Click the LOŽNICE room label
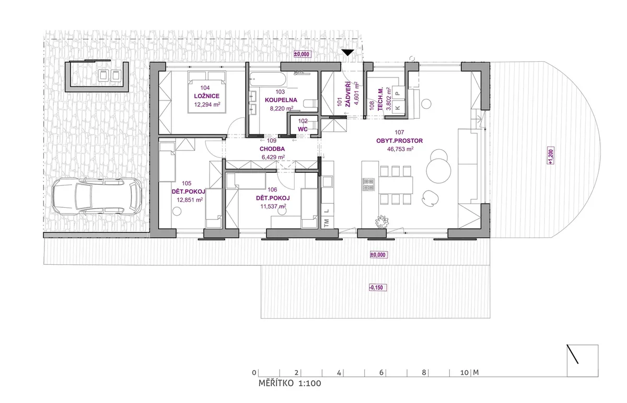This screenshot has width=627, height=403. tap(206, 96)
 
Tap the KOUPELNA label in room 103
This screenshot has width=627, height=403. tap(281, 100)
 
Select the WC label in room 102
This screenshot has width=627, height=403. tap(303, 129)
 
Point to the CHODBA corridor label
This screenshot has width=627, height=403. tap(272, 149)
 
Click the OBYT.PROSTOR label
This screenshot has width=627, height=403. tap(399, 141)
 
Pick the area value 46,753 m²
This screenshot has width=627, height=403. tap(400, 149)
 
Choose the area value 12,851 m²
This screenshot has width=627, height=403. tap(190, 200)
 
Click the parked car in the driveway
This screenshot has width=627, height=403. tap(97, 196)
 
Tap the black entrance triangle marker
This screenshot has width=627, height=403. tap(347, 52)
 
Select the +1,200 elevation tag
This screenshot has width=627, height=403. tap(550, 155)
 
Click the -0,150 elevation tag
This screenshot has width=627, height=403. tap(378, 287)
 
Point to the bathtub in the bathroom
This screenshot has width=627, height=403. tap(268, 79)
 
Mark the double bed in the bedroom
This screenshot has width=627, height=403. tap(207, 92)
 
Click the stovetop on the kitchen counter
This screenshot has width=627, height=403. tap(368, 184)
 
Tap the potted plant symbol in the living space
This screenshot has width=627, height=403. tap(382, 222)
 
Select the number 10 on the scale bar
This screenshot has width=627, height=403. tap(465, 373)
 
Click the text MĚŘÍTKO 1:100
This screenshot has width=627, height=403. tap(289, 383)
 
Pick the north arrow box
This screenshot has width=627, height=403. tap(583, 361)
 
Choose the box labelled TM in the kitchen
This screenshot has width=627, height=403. tap(327, 223)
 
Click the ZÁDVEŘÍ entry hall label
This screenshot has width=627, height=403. tap(347, 94)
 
